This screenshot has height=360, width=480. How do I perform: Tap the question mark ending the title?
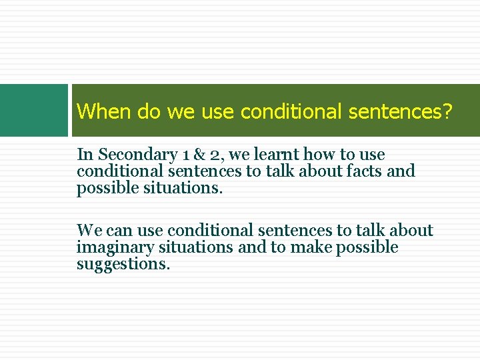[x=447, y=111]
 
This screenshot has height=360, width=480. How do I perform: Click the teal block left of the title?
[x=34, y=110]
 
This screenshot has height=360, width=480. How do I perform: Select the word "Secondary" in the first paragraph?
[x=137, y=155]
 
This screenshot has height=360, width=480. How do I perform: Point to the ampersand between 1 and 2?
[x=200, y=155]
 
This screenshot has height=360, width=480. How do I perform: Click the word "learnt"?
[x=277, y=155]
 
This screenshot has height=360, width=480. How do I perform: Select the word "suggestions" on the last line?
[x=123, y=264]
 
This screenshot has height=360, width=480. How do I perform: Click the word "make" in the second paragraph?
[x=312, y=248]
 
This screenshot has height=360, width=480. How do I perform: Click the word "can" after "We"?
[x=119, y=231]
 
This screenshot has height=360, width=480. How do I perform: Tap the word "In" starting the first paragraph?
[x=85, y=155]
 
